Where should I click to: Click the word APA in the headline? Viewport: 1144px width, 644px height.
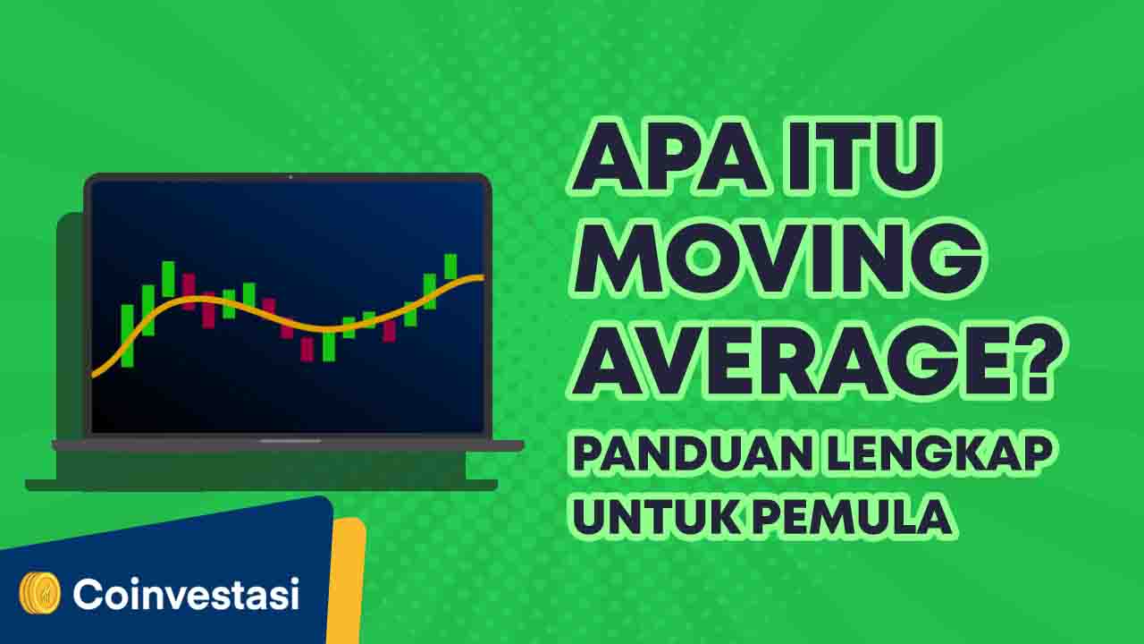(x=670, y=156)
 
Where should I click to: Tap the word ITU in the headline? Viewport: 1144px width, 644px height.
(x=863, y=156)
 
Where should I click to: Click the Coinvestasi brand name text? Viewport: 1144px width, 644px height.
(x=186, y=594)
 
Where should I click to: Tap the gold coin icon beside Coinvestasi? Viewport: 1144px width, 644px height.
(x=40, y=593)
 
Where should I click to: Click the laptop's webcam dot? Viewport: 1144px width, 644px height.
(x=290, y=177)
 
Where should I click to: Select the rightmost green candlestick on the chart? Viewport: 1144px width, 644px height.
(x=450, y=267)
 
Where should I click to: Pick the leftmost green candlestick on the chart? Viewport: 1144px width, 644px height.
(x=127, y=335)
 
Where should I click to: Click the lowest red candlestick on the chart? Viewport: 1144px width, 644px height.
(x=307, y=349)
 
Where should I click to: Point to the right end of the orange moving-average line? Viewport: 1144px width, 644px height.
(x=484, y=277)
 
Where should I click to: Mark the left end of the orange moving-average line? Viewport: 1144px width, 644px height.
(x=94, y=376)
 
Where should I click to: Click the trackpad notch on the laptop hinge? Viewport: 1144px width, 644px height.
(x=290, y=441)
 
